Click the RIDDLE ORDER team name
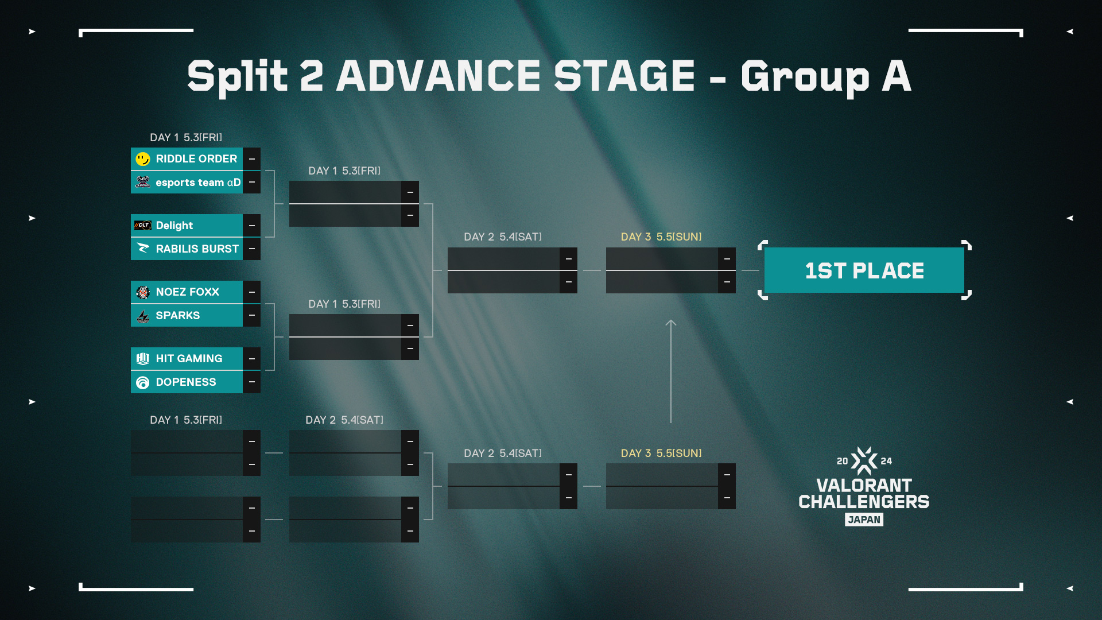pyautogui.click(x=196, y=159)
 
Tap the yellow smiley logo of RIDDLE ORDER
pyautogui.click(x=143, y=159)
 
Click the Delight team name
pyautogui.click(x=174, y=226)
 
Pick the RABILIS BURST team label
pyautogui.click(x=197, y=249)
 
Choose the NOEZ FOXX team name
pyautogui.click(x=188, y=292)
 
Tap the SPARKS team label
pyautogui.click(x=178, y=315)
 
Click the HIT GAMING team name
pyautogui.click(x=189, y=359)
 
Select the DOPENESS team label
pyautogui.click(x=186, y=382)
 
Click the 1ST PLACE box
pyautogui.click(x=864, y=270)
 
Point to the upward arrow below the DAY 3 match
pyautogui.click(x=671, y=371)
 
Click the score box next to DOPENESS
pyautogui.click(x=251, y=382)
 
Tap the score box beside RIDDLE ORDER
pyautogui.click(x=251, y=159)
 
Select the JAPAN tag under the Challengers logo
pyautogui.click(x=864, y=520)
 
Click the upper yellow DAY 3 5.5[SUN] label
pyautogui.click(x=661, y=237)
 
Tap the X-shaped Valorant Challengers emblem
pyautogui.click(x=864, y=461)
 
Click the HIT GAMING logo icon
pyautogui.click(x=143, y=359)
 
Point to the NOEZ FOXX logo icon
pyautogui.click(x=143, y=292)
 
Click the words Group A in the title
pyautogui.click(x=826, y=77)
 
